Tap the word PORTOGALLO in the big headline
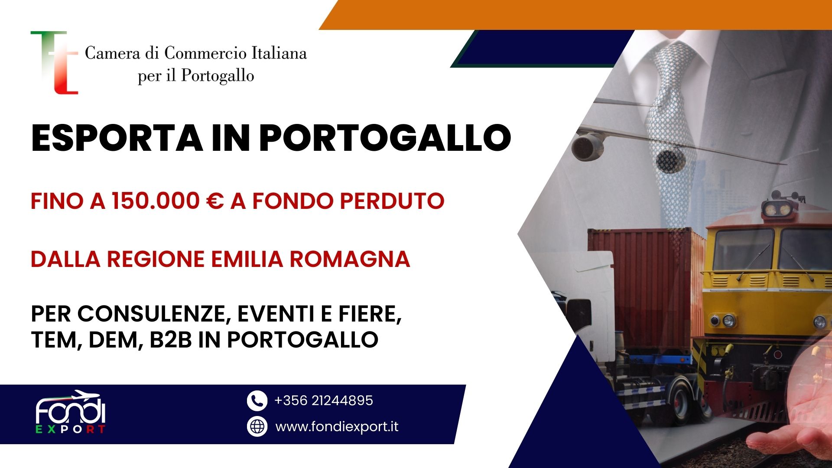click(385, 138)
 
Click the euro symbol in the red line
click(215, 201)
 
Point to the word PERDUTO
click(392, 201)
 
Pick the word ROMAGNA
click(350, 259)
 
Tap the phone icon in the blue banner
click(257, 400)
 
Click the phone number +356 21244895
click(324, 400)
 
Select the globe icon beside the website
click(257, 426)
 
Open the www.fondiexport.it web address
click(337, 427)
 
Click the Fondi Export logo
click(71, 412)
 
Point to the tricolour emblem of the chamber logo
click(55, 62)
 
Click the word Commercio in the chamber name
click(205, 53)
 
